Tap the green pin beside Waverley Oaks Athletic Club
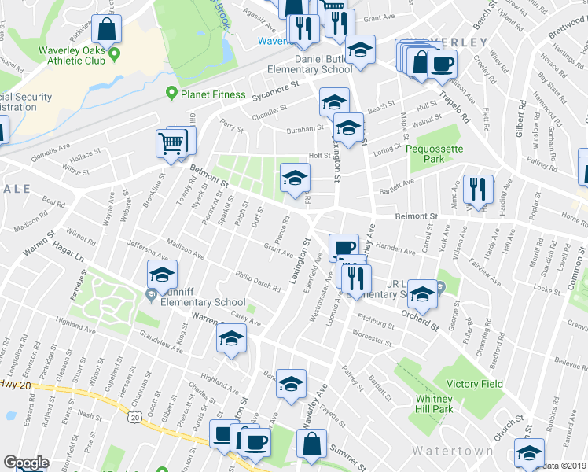(x=115, y=54)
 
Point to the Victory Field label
(x=474, y=384)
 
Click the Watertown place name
(x=453, y=451)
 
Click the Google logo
(x=25, y=463)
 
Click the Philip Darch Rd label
(x=257, y=281)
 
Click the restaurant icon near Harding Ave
(x=477, y=190)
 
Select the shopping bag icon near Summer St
(x=311, y=444)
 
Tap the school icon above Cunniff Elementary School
(x=163, y=275)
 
